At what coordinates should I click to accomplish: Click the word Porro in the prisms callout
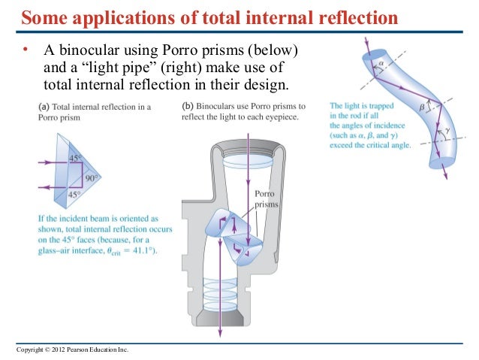[x=267, y=193]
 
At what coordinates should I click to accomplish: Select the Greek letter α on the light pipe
[x=381, y=65]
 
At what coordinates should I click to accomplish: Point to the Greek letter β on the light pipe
[x=421, y=107]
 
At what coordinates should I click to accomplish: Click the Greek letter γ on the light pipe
[x=449, y=131]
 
